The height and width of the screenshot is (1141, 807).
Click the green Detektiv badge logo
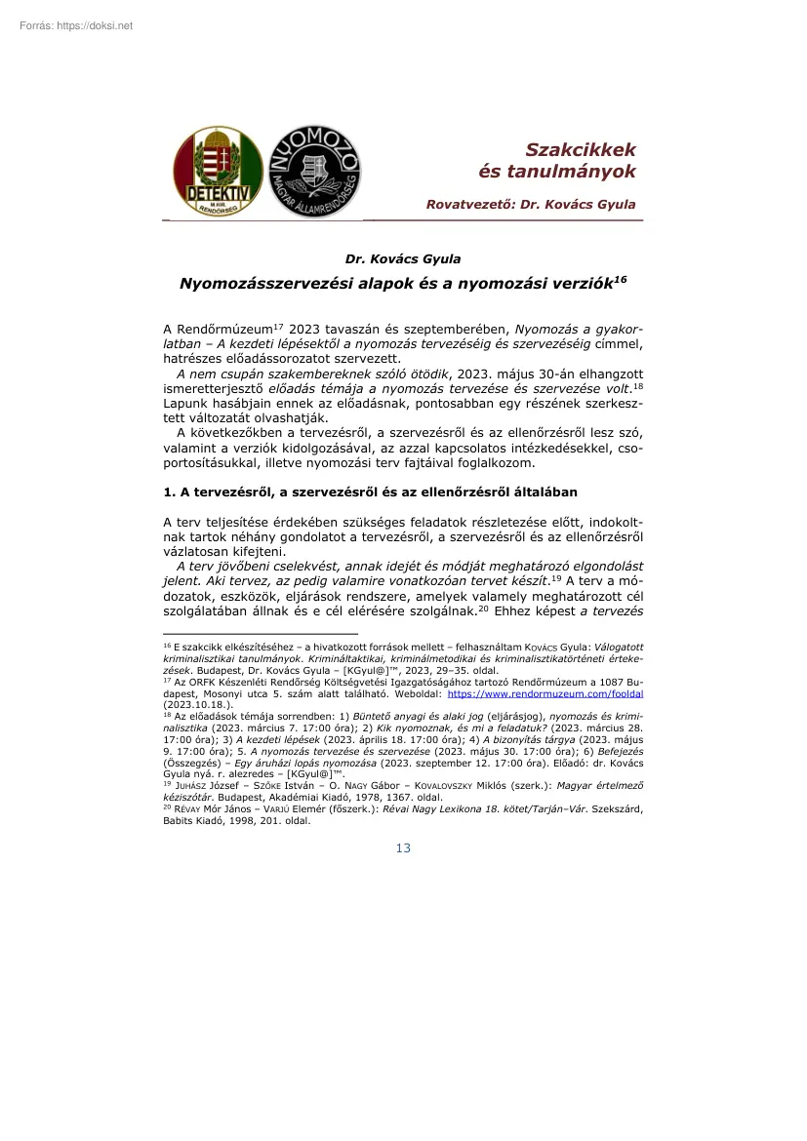point(218,171)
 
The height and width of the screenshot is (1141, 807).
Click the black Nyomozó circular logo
point(315,171)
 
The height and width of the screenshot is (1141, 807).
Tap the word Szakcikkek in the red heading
point(581,149)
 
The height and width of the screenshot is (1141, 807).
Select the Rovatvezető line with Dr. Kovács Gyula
point(531,205)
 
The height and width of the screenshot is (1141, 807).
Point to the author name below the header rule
point(403,258)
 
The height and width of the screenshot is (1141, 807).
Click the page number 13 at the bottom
point(403,848)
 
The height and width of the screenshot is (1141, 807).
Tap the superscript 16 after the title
point(620,279)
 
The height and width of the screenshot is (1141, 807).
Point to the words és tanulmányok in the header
point(557,172)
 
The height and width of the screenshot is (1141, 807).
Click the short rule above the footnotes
point(261,634)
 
